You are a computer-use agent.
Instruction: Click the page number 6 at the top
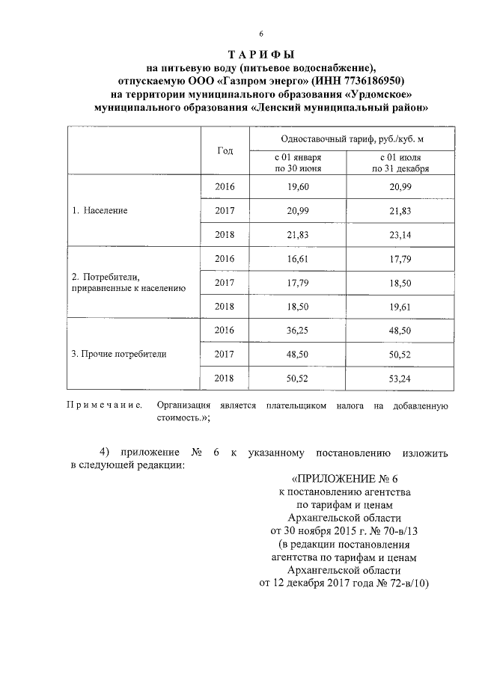click(x=261, y=34)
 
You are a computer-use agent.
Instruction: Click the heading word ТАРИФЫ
click(x=261, y=55)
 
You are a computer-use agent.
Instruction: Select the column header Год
click(x=225, y=150)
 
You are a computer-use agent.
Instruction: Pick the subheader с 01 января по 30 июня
click(x=298, y=163)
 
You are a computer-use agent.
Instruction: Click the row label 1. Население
click(x=100, y=210)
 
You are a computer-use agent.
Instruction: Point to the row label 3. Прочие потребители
click(x=119, y=354)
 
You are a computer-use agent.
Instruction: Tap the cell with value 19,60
click(x=298, y=186)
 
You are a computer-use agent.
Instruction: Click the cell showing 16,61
click(x=298, y=258)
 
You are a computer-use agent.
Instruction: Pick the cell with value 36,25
click(x=298, y=330)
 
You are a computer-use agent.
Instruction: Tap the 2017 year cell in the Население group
click(x=225, y=210)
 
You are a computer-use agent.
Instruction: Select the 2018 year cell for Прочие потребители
click(x=225, y=379)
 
